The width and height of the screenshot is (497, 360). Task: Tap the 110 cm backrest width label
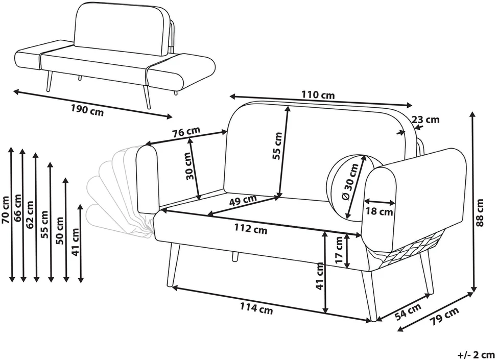pyautogui.click(x=318, y=94)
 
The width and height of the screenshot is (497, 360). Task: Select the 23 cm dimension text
pyautogui.click(x=425, y=119)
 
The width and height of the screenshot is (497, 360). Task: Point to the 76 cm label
pyautogui.click(x=186, y=132)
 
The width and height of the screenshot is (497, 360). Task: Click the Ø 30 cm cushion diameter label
pyautogui.click(x=350, y=181)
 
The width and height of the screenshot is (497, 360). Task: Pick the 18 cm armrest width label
pyautogui.click(x=380, y=211)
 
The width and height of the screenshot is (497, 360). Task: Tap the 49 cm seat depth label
pyautogui.click(x=243, y=200)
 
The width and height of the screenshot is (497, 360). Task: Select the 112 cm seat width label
pyautogui.click(x=251, y=228)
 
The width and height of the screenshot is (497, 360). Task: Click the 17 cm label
pyautogui.click(x=339, y=251)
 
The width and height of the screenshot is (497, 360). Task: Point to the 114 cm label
pyautogui.click(x=256, y=308)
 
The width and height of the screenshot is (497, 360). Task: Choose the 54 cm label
pyautogui.click(x=408, y=312)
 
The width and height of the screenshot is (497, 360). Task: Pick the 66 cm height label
pyautogui.click(x=18, y=208)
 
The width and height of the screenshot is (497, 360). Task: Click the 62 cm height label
pyautogui.click(x=30, y=214)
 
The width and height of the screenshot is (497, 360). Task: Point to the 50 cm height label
pyautogui.click(x=60, y=230)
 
